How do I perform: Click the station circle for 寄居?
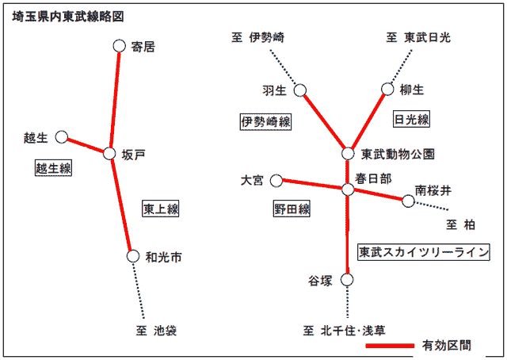pos(120,46)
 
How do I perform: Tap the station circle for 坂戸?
pos(109,154)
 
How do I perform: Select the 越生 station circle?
pos(62,137)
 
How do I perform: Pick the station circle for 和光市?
pos(132,256)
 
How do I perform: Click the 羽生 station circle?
pos(300,90)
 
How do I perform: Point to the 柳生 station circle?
pos(387,89)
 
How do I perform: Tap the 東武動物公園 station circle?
pos(348,154)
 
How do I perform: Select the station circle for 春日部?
pos(348,190)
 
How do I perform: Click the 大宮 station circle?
pos(276,181)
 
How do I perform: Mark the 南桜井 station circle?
pos(409,201)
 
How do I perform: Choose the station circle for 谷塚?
pos(347,280)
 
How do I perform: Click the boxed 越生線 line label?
pos(53,168)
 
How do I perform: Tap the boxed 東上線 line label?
pos(161,209)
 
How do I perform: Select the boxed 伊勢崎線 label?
pos(265,122)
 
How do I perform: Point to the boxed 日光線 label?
pos(411,119)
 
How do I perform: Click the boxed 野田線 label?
pos(292,209)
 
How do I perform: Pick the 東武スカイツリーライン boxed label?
pos(424,252)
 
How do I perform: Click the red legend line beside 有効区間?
pos(390,346)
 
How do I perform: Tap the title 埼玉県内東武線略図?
pos(68,16)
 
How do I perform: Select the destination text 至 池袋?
pos(156,331)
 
